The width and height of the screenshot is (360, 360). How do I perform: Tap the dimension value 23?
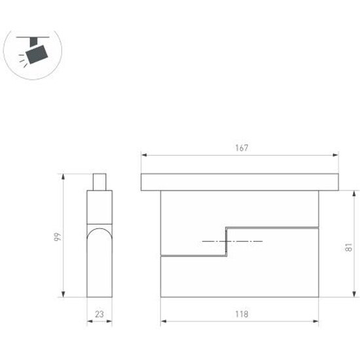click(99, 314)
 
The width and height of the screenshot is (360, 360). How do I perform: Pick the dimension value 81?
click(350, 247)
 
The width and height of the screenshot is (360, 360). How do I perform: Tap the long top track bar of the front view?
click(240, 181)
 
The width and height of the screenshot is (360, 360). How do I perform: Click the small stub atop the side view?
click(99, 181)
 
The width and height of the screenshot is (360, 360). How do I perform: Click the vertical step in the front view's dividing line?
click(226, 242)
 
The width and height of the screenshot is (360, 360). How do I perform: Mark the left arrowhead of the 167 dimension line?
click(143, 155)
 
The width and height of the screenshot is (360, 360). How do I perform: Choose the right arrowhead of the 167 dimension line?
click(336, 155)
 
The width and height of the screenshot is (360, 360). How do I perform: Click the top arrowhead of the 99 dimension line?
click(63, 175)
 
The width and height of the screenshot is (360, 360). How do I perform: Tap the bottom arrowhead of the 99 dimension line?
click(63, 295)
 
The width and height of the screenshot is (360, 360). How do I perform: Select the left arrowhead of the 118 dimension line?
click(163, 321)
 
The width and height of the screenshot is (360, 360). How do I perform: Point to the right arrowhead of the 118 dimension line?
click(317, 321)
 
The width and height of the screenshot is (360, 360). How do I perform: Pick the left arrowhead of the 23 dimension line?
click(89, 321)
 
